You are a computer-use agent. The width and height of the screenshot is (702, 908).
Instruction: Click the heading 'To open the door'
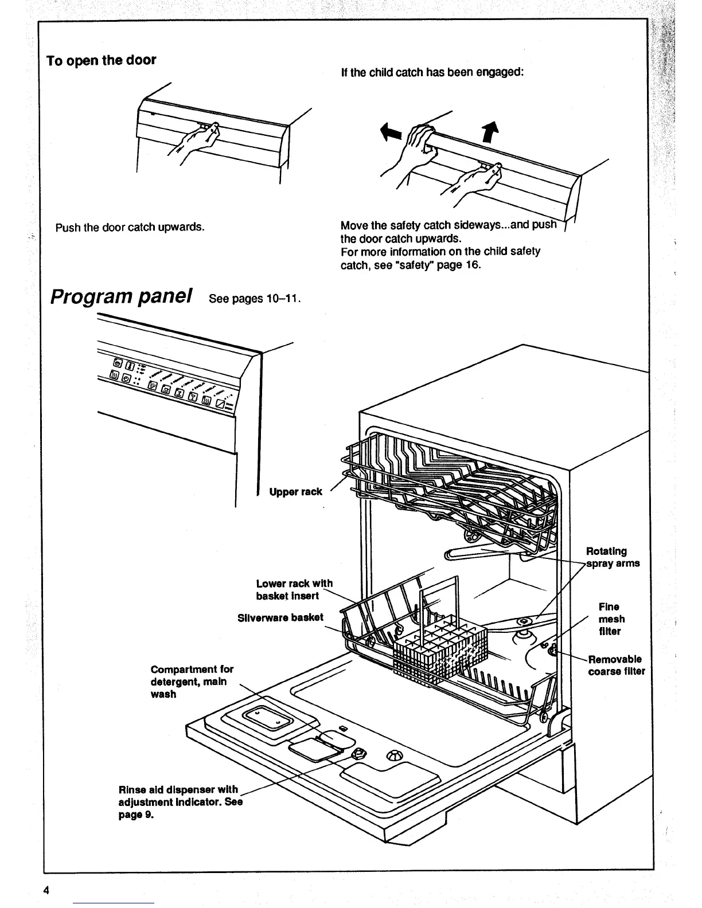[102, 61]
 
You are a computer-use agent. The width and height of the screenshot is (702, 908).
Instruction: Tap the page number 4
[46, 890]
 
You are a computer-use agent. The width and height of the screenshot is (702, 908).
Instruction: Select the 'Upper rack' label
[295, 492]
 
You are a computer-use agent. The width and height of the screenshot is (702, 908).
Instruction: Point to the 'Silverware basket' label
[280, 617]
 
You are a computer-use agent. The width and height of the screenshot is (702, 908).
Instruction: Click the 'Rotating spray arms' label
[612, 557]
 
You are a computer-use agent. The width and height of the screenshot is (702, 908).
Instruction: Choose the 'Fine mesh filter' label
[611, 619]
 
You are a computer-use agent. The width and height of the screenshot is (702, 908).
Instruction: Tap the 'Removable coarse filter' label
[617, 665]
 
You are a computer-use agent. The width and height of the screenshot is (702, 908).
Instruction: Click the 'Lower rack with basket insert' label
[294, 589]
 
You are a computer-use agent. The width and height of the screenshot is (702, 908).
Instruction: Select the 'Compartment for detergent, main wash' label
[192, 682]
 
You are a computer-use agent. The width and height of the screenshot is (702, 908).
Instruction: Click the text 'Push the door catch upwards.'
[130, 227]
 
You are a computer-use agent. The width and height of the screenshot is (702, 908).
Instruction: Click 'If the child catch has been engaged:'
[431, 72]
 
